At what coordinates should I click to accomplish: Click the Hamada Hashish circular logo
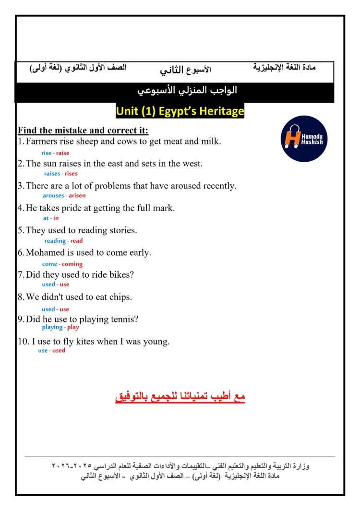click(x=304, y=139)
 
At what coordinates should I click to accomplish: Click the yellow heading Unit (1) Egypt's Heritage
click(x=180, y=112)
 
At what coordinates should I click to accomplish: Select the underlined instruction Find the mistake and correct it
click(x=83, y=130)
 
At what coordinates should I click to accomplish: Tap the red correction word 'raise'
click(x=62, y=153)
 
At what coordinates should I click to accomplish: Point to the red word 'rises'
click(x=71, y=174)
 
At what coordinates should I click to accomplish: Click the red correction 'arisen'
click(x=77, y=196)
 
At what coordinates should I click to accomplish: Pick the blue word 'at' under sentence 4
click(x=46, y=218)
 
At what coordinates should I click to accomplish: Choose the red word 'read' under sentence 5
click(x=77, y=241)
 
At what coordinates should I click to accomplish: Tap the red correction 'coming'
click(x=72, y=264)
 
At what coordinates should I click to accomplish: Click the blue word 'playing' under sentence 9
click(x=52, y=327)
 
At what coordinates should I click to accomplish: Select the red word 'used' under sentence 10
click(x=59, y=350)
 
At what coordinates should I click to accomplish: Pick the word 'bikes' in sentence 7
click(x=122, y=275)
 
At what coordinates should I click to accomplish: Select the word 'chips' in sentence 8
click(x=119, y=297)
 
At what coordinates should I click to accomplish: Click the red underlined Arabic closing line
click(x=180, y=397)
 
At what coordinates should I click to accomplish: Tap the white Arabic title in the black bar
click(x=187, y=91)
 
